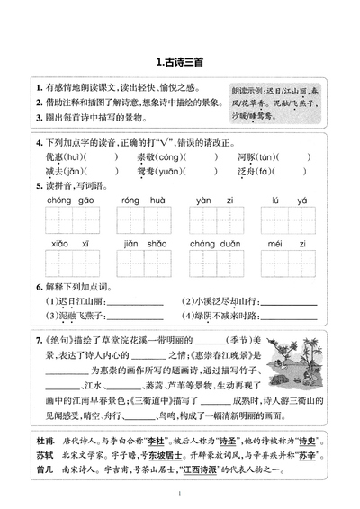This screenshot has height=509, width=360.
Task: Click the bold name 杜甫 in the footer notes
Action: point(46,443)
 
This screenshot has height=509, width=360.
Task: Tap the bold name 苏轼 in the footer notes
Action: point(46,457)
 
